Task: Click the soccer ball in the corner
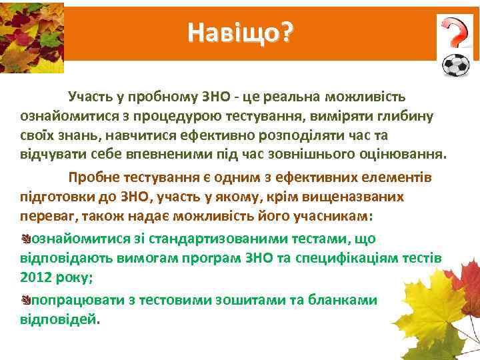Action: point(456,66)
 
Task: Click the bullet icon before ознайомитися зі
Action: point(25,239)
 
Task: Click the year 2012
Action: point(36,277)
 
